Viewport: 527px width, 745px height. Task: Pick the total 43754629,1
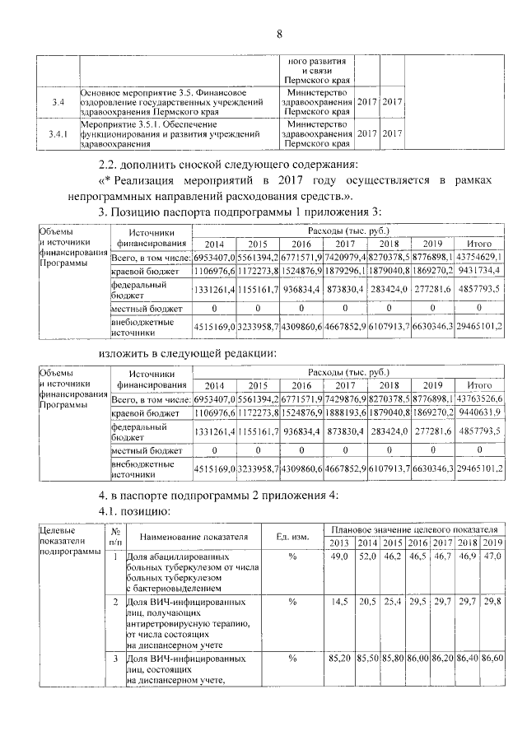click(x=479, y=258)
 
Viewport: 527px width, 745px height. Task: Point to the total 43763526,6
click(x=479, y=398)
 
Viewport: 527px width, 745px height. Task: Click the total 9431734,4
click(x=479, y=271)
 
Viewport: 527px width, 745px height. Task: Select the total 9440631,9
click(x=479, y=412)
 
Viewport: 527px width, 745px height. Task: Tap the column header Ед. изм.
click(x=292, y=537)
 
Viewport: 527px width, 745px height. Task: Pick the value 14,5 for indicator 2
click(x=338, y=603)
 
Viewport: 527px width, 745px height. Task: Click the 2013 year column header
click(x=338, y=543)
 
